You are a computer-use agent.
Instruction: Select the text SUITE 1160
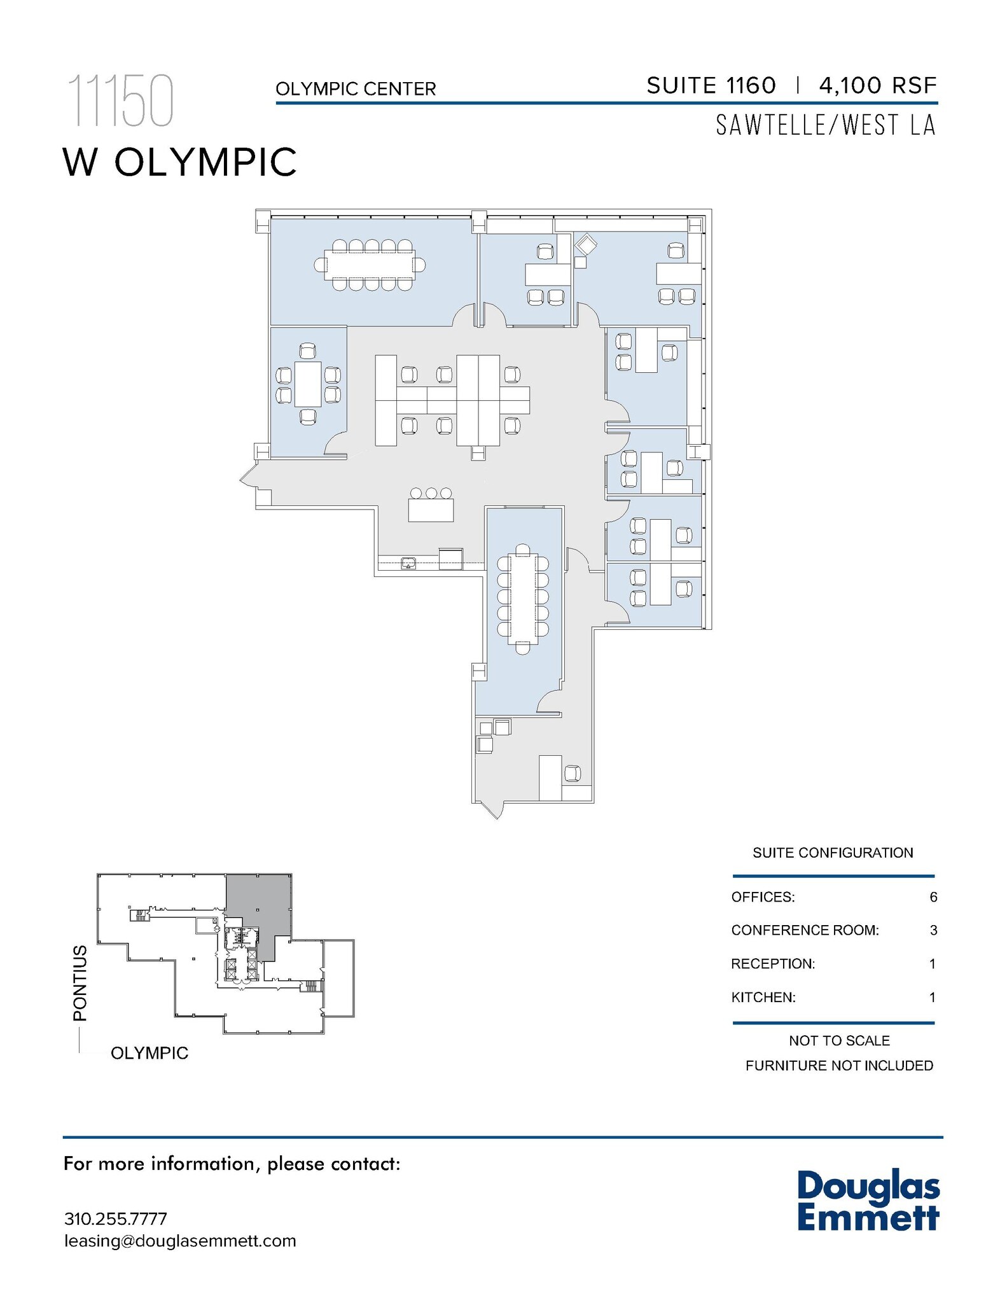(711, 86)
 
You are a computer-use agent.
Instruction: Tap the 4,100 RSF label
(878, 86)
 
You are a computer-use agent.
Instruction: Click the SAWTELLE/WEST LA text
(826, 125)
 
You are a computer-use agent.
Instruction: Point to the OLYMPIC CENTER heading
(356, 89)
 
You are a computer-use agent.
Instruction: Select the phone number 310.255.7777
(116, 1219)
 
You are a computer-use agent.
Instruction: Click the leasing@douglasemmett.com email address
(180, 1241)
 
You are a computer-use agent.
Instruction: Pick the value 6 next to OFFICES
(933, 897)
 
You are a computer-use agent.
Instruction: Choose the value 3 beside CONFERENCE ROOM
(933, 930)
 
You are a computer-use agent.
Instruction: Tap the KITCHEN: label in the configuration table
(763, 997)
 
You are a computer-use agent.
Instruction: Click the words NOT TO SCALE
(838, 1040)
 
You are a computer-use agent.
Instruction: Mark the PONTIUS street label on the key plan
(80, 983)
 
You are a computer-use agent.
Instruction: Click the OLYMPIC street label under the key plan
(149, 1053)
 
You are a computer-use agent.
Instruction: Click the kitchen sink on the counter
(408, 562)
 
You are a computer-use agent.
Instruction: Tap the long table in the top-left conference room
(370, 265)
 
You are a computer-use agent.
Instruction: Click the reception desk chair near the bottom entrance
(573, 773)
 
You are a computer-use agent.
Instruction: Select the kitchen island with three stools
(431, 510)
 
